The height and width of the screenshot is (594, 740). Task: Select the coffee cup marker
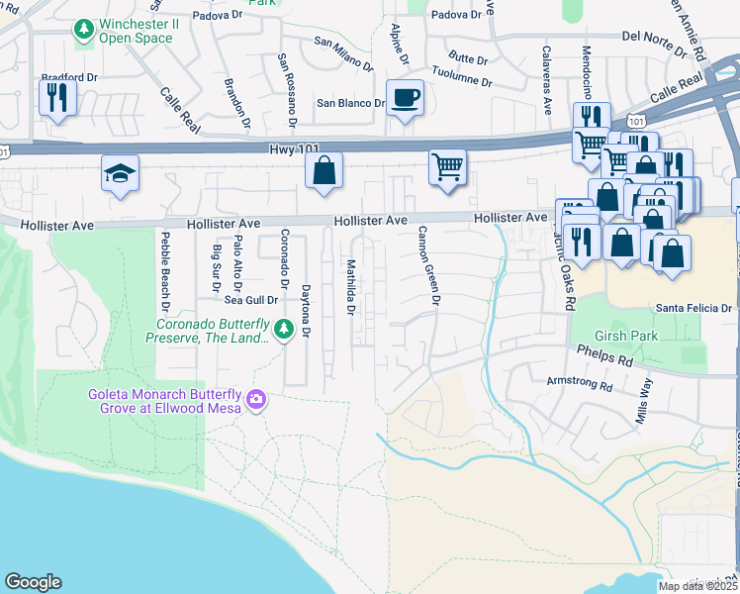(x=404, y=98)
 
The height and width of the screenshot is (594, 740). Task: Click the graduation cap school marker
(x=120, y=174)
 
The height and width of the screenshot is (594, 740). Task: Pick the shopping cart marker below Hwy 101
(x=447, y=166)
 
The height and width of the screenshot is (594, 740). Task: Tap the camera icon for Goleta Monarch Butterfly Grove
(x=257, y=399)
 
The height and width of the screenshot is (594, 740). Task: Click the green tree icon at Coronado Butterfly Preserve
(x=285, y=328)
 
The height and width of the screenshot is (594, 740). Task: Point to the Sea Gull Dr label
(x=247, y=299)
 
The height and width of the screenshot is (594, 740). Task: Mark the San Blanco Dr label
(x=350, y=103)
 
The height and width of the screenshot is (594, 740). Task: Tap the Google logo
(x=33, y=582)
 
